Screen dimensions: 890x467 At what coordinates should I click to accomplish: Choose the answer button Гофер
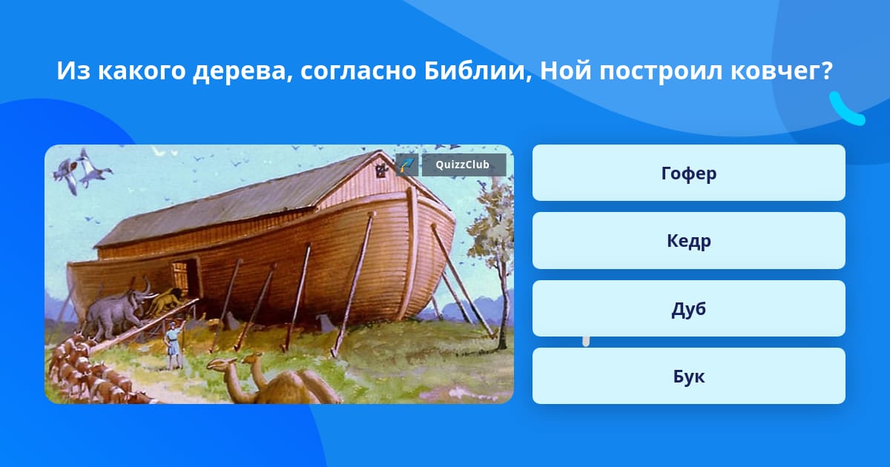click(x=688, y=173)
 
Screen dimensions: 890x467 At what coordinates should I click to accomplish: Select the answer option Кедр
click(x=688, y=241)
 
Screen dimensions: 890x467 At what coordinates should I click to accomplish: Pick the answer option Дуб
click(x=688, y=308)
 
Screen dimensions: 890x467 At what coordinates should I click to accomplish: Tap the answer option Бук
click(x=688, y=376)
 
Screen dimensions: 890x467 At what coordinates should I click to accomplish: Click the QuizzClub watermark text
click(x=462, y=165)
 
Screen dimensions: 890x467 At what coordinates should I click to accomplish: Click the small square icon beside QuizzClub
click(x=407, y=165)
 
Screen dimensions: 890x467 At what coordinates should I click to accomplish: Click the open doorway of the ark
click(x=185, y=278)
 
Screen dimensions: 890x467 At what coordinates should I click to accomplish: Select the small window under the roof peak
click(x=382, y=170)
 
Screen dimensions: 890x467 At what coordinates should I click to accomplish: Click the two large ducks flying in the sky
click(x=82, y=170)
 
